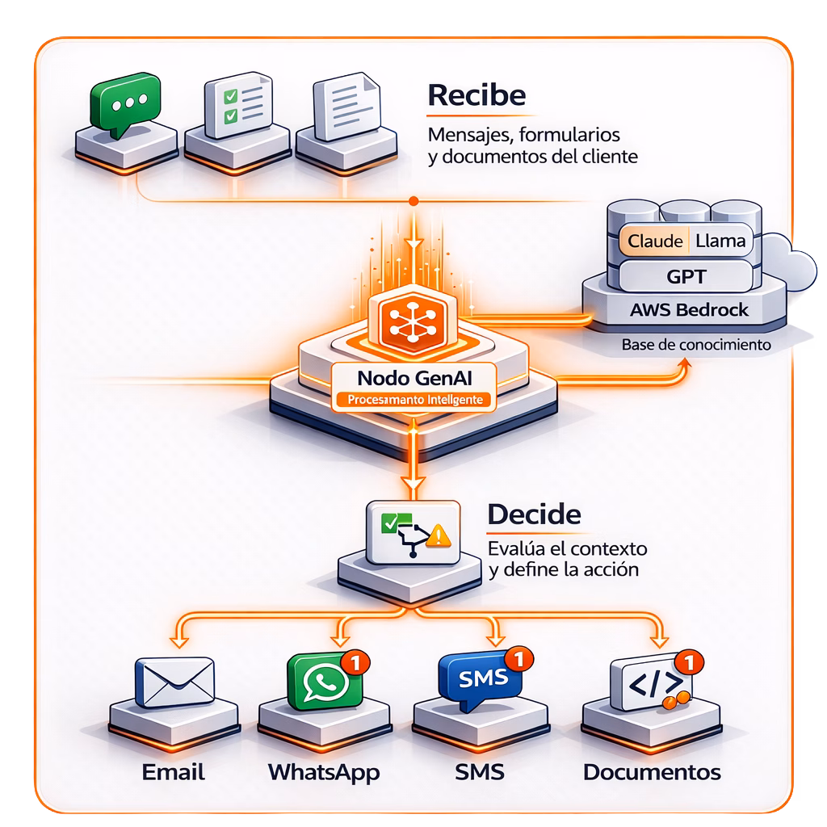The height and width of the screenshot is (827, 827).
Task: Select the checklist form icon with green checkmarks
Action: (x=238, y=106)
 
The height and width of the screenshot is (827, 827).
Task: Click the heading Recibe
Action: (x=476, y=95)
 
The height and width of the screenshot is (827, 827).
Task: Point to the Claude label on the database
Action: (x=655, y=241)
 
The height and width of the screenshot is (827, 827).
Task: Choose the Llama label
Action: (x=720, y=241)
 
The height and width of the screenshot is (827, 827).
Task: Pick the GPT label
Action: (x=686, y=276)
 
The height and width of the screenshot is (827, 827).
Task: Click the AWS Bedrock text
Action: (x=689, y=309)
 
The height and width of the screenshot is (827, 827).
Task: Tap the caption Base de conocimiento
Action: (x=696, y=344)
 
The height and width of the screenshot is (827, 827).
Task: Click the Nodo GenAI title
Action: (x=414, y=378)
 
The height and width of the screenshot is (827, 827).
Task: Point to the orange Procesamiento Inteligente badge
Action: (x=415, y=400)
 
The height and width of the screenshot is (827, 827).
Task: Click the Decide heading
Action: (x=534, y=514)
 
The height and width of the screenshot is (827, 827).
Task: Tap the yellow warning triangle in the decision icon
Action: (x=439, y=536)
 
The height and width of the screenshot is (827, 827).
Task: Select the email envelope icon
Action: (x=175, y=682)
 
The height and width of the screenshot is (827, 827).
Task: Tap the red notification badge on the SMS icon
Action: (x=519, y=659)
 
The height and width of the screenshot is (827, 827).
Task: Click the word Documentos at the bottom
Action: (x=652, y=772)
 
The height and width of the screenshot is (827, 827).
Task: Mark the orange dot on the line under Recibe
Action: (x=414, y=201)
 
